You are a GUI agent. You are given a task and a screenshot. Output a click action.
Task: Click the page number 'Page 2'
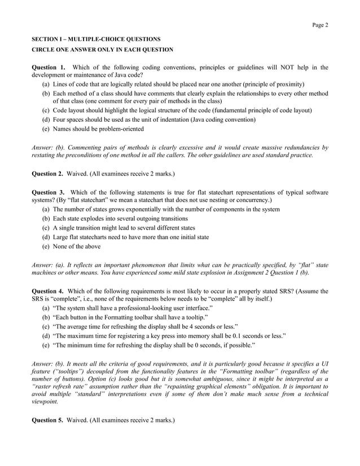(320, 25)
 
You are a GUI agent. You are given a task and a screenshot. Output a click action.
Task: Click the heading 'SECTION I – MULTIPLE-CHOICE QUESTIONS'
(96, 39)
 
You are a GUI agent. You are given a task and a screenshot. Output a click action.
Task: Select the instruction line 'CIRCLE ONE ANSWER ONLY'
(102, 50)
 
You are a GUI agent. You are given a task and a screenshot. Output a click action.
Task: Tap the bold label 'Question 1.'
(49, 68)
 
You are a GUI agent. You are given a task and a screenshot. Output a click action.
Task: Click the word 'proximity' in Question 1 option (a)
(287, 83)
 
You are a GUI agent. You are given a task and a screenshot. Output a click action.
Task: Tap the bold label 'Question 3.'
(49, 192)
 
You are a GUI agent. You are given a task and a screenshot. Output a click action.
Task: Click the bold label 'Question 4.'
(49, 291)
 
